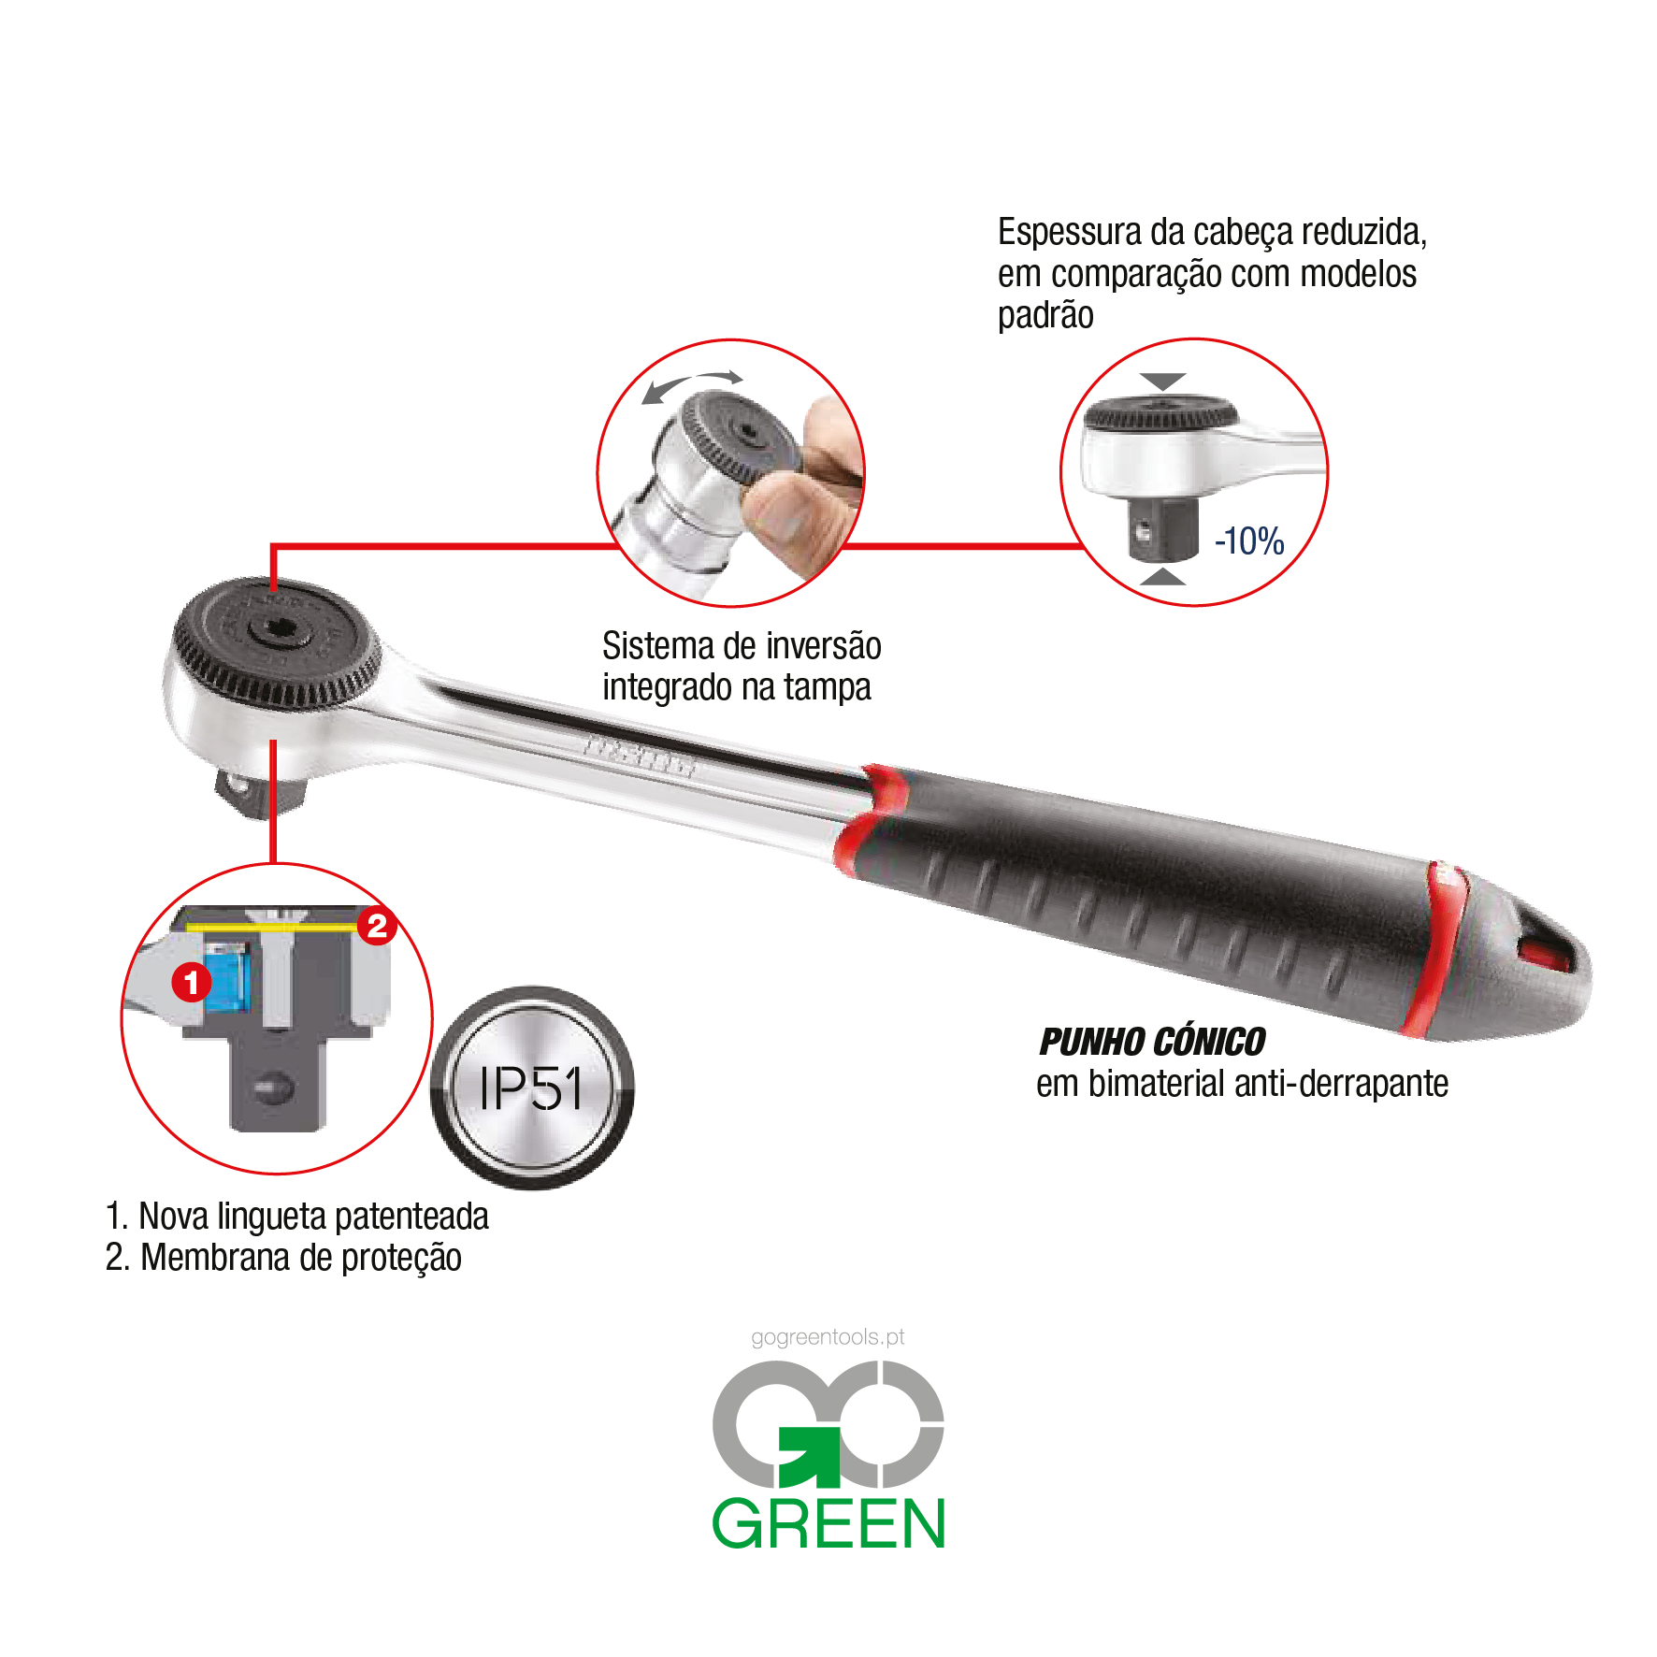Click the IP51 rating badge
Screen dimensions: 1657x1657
coord(532,1087)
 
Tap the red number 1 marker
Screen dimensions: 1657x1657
coord(192,982)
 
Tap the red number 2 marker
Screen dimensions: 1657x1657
coord(377,926)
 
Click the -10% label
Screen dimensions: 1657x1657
coord(1249,541)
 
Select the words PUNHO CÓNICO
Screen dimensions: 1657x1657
coord(1152,1042)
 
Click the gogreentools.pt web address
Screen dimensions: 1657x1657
coord(828,1337)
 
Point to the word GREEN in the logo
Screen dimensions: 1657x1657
coord(828,1523)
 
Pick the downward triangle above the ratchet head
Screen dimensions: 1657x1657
coord(1163,382)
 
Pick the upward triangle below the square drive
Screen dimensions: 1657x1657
coord(1163,576)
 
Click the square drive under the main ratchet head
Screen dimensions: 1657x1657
coord(257,789)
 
